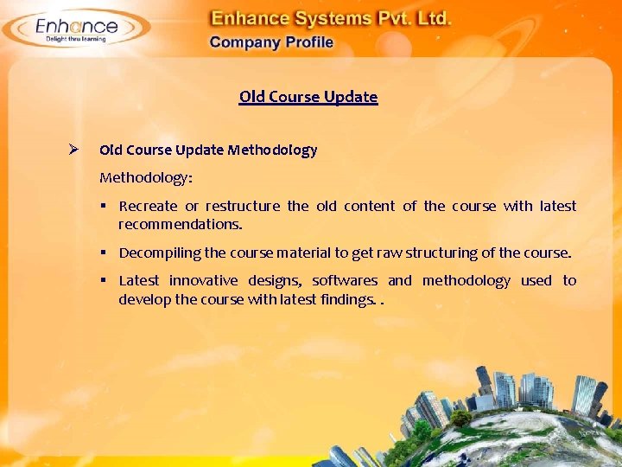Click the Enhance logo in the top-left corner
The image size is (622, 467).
pyautogui.click(x=76, y=29)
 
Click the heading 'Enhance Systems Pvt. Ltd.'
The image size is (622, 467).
pyautogui.click(x=331, y=18)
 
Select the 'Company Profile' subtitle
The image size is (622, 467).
pyautogui.click(x=270, y=42)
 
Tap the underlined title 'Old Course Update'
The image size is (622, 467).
pyautogui.click(x=308, y=96)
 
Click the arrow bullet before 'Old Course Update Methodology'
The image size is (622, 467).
pyautogui.click(x=74, y=149)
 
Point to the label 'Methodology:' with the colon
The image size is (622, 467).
pyautogui.click(x=146, y=177)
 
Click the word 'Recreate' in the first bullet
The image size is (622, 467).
pyautogui.click(x=148, y=206)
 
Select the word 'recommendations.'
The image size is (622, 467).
pyautogui.click(x=181, y=224)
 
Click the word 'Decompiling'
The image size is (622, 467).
pyautogui.click(x=158, y=253)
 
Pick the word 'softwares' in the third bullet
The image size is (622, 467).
pyautogui.click(x=345, y=280)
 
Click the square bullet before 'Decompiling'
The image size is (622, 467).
pyautogui.click(x=103, y=253)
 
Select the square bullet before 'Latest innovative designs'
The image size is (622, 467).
pyautogui.click(x=103, y=280)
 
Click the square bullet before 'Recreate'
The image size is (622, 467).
pyautogui.click(x=103, y=206)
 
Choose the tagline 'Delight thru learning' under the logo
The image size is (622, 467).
pyautogui.click(x=76, y=39)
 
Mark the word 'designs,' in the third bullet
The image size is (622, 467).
pyautogui.click(x=275, y=280)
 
